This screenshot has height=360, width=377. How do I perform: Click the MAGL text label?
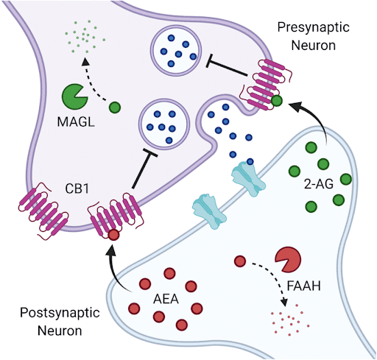pyautogui.click(x=76, y=121)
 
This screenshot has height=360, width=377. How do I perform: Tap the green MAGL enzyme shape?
pyautogui.click(x=74, y=96)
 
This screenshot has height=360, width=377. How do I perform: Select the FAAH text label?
pyautogui.click(x=304, y=286)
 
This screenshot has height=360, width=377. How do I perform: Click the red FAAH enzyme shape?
pyautogui.click(x=287, y=260)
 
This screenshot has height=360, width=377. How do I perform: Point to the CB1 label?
pyautogui.click(x=77, y=188)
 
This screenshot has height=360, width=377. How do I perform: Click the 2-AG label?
pyautogui.click(x=319, y=184)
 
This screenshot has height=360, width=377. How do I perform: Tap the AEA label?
pyautogui.click(x=166, y=300)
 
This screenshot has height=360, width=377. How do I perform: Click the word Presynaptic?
pyautogui.click(x=314, y=27)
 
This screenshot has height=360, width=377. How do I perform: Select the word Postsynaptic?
pyautogui.click(x=60, y=313)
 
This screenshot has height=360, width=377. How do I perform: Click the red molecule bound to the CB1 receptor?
pyautogui.click(x=113, y=235)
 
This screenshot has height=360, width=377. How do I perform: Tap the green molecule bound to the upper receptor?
pyautogui.click(x=277, y=101)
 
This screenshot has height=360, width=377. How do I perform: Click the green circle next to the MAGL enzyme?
pyautogui.click(x=115, y=107)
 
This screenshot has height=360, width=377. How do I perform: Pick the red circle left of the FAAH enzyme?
pyautogui.click(x=240, y=261)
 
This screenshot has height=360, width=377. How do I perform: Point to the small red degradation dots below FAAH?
pyautogui.click(x=289, y=320)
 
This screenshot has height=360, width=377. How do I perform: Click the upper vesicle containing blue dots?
pyautogui.click(x=176, y=51)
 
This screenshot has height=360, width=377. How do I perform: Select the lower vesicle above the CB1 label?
pyautogui.click(x=164, y=124)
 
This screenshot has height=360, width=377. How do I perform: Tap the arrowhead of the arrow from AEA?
pyautogui.click(x=111, y=252)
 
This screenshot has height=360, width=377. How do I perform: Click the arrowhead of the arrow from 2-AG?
pyautogui.click(x=295, y=107)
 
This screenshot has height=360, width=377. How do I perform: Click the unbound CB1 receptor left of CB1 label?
pyautogui.click(x=43, y=211)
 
